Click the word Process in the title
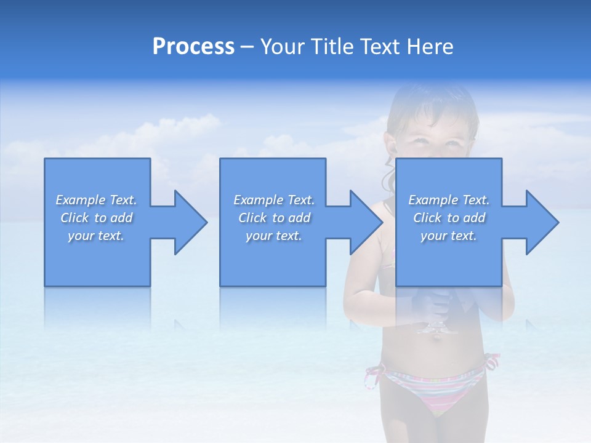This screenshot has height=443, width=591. tap(193, 47)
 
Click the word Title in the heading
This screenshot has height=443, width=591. tap(331, 47)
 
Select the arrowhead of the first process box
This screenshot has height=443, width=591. tap(188, 222)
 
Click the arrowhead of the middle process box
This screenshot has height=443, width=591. tap(364, 222)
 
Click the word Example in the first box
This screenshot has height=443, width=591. tap(80, 200)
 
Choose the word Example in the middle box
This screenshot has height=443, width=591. tap(258, 200)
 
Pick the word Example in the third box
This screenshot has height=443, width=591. tap(433, 200)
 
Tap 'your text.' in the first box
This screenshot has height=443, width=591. tap(96, 236)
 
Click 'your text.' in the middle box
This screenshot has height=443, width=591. tap(274, 236)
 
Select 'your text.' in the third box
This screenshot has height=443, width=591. tap(449, 236)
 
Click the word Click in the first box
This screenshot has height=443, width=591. tap(74, 218)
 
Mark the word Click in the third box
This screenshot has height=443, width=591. tap(427, 218)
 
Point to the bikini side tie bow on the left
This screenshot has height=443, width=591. tap(373, 375)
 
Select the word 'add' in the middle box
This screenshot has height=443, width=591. tap(299, 218)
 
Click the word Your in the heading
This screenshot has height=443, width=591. tap(283, 47)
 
